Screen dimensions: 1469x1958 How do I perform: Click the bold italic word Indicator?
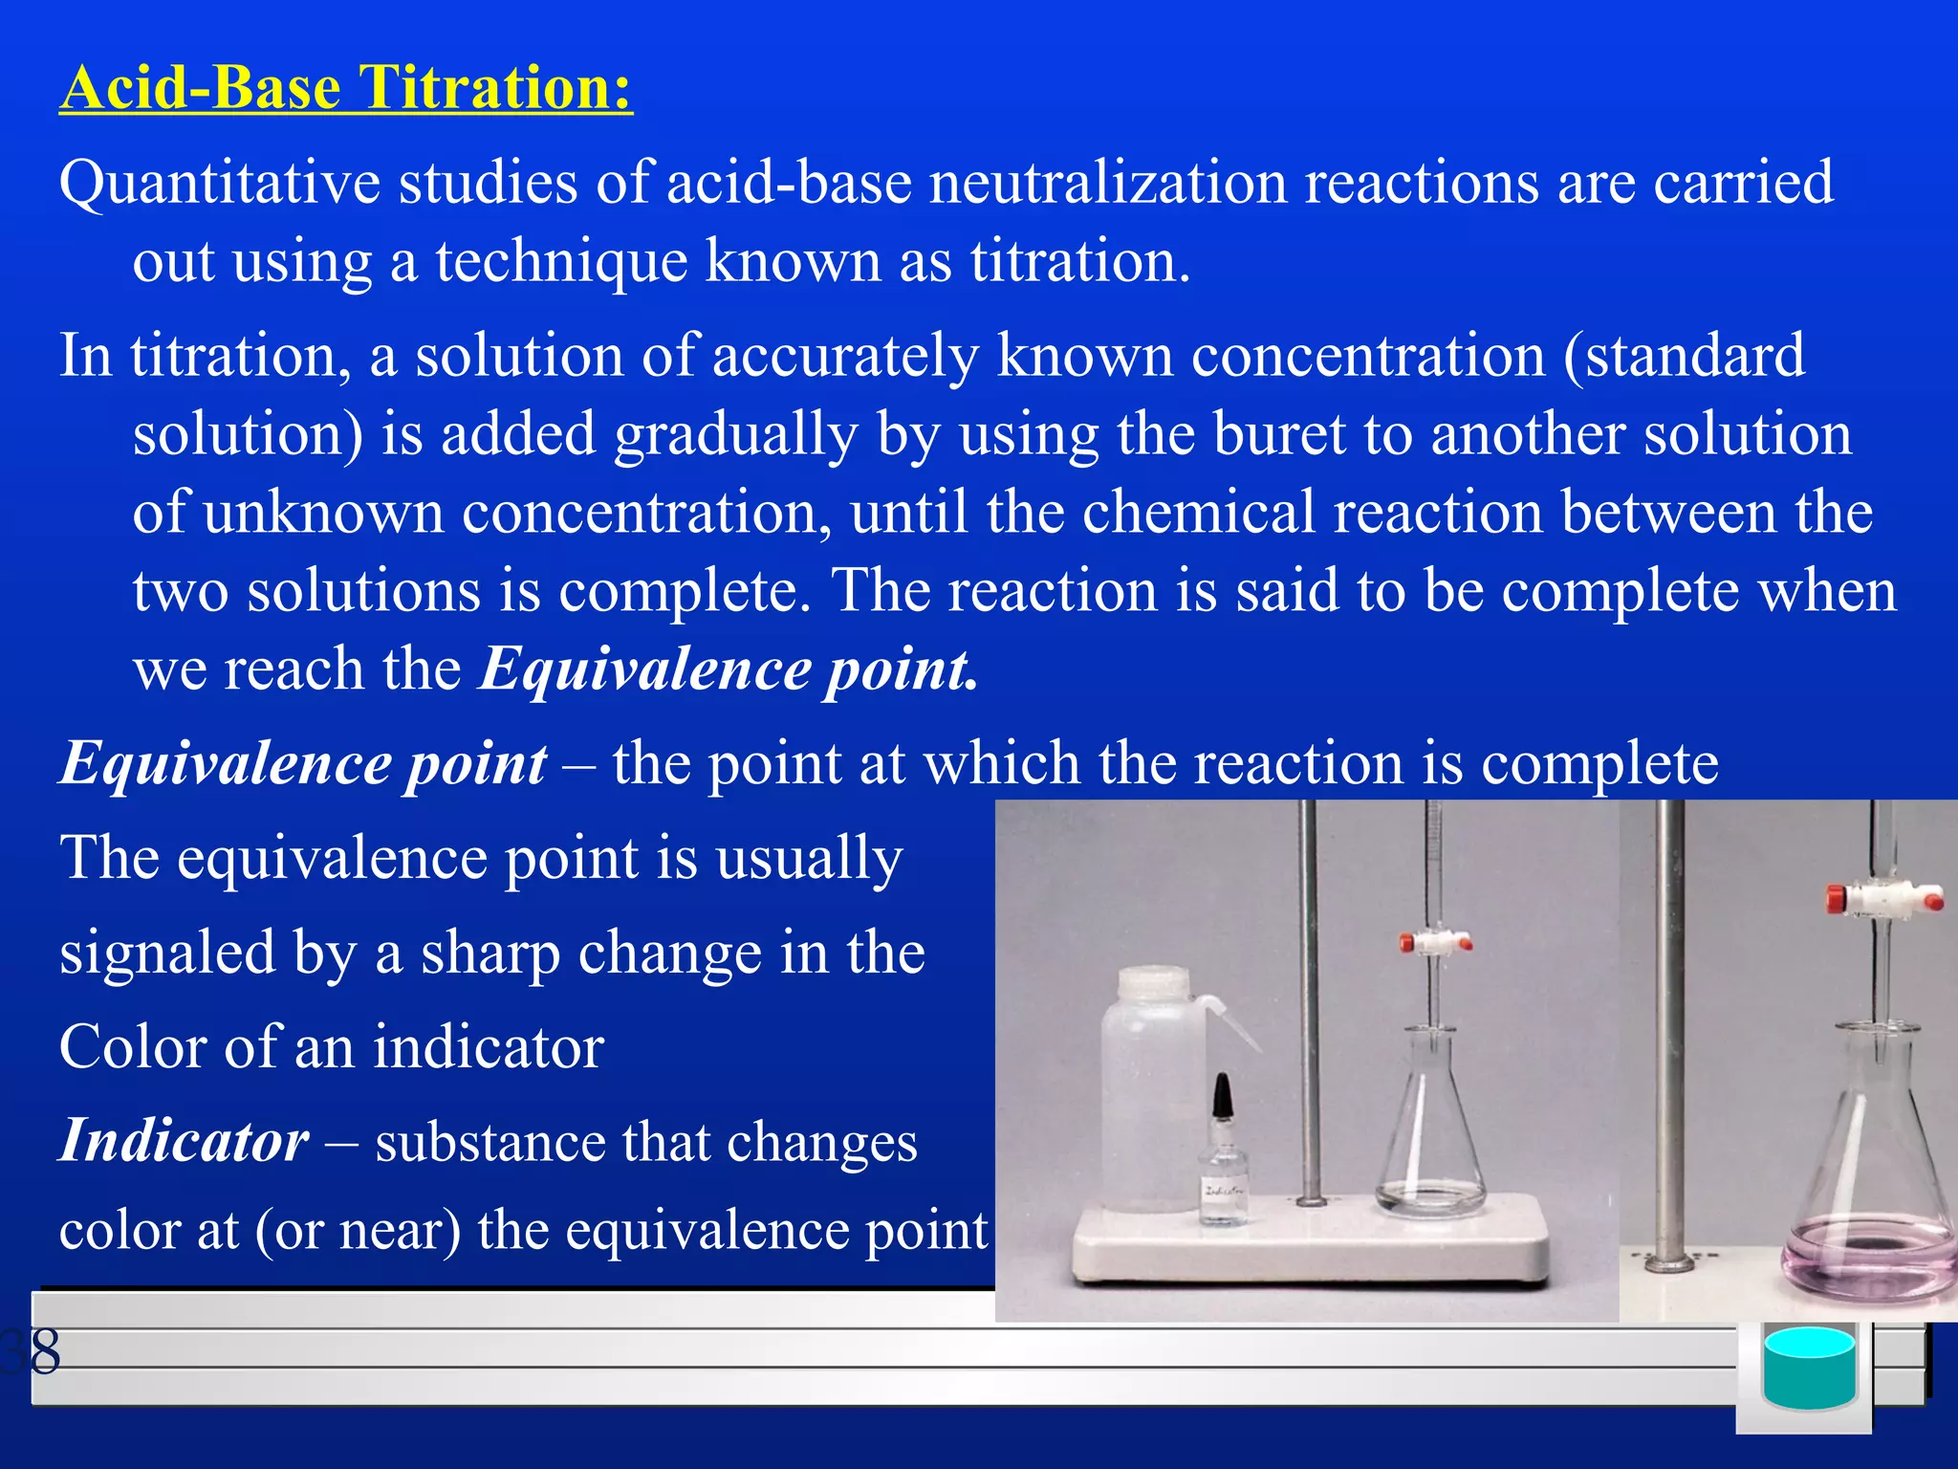[185, 1141]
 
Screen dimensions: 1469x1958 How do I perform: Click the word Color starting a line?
[131, 1046]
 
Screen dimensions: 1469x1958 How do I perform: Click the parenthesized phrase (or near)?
[358, 1230]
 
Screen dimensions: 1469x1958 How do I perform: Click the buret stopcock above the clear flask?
[1434, 942]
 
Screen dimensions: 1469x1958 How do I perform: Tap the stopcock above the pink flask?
[1883, 899]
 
